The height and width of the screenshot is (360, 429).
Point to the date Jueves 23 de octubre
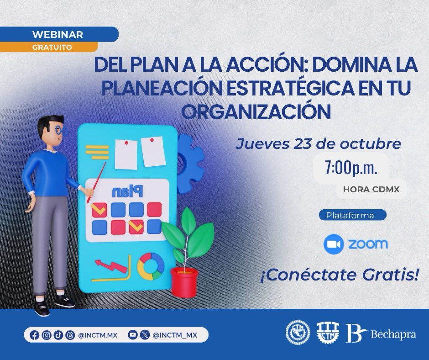tap(318, 144)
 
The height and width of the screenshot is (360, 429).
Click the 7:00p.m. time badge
tap(351, 168)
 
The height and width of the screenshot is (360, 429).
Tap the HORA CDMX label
tap(371, 190)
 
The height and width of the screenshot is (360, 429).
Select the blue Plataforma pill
tap(351, 214)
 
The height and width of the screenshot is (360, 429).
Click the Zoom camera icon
tap(333, 244)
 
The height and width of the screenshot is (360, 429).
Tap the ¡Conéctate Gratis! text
tap(339, 276)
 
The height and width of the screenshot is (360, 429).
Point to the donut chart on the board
tap(151, 266)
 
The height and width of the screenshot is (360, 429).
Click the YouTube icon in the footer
tap(133, 335)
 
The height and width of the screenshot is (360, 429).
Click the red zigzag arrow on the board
tap(111, 266)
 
